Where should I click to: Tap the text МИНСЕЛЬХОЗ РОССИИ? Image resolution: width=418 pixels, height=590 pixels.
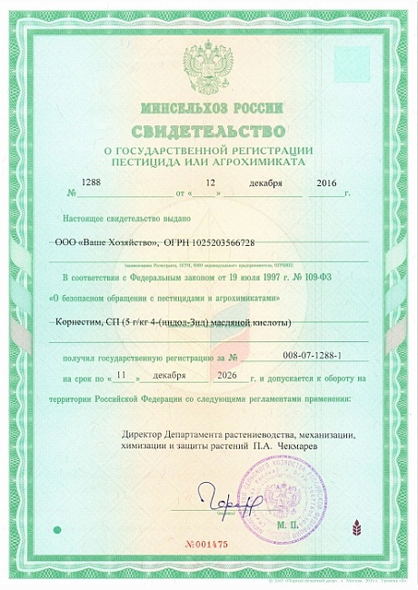[208, 106]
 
